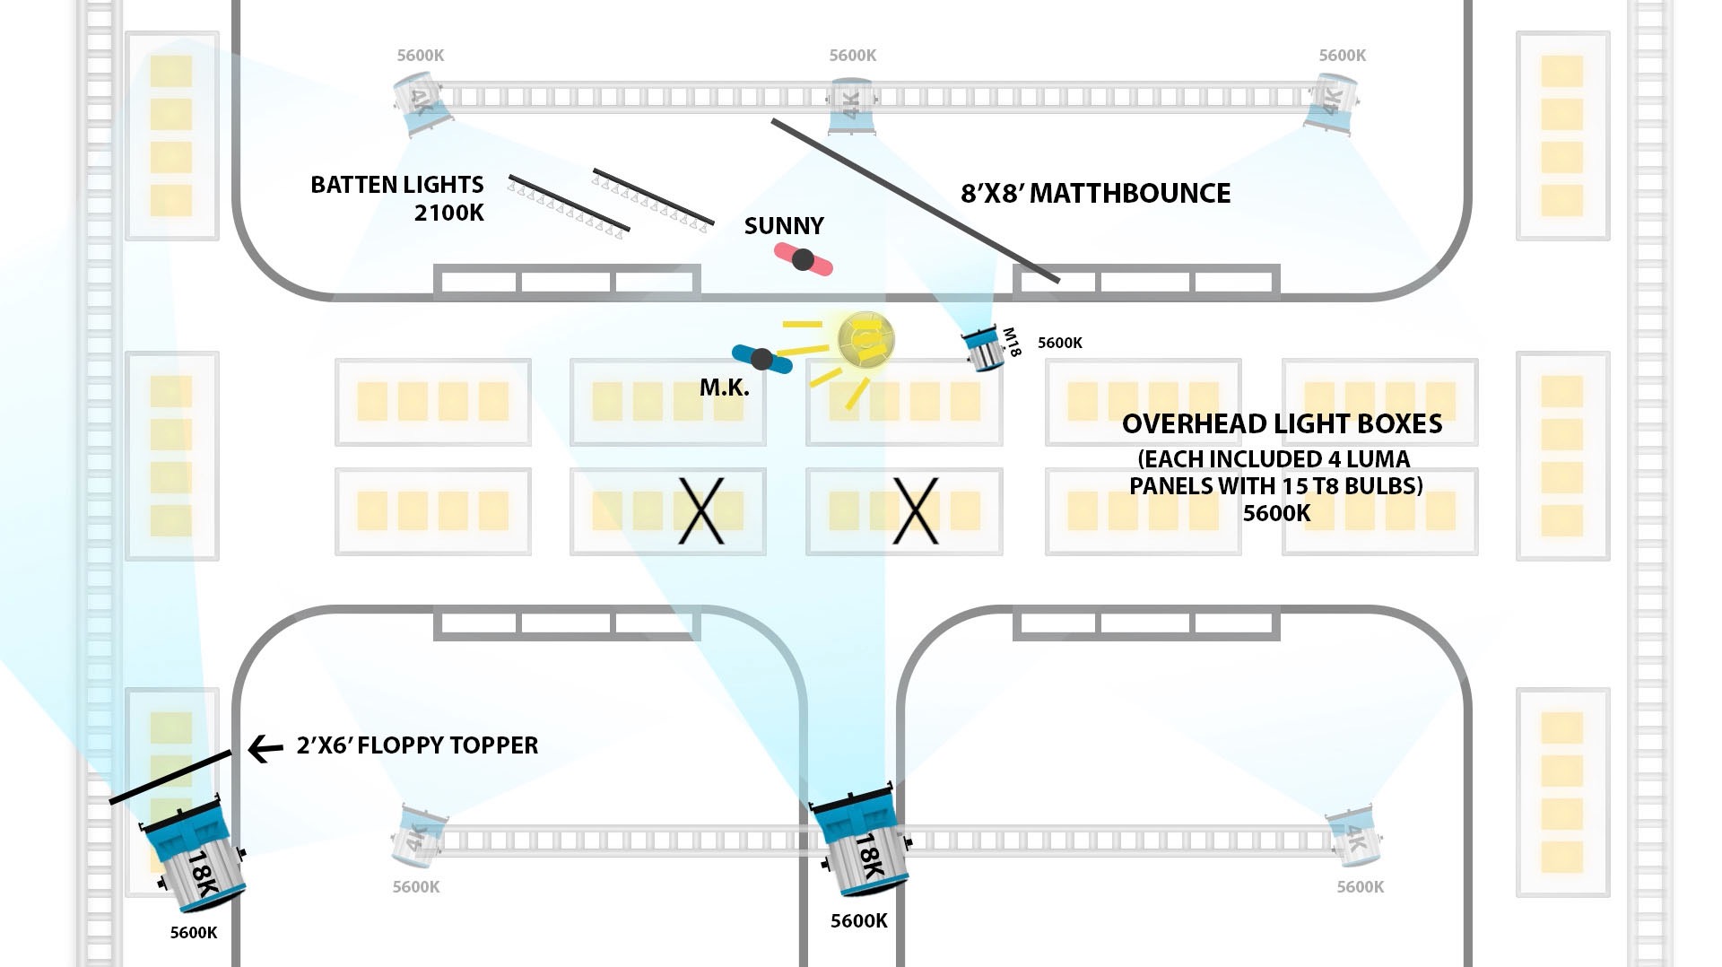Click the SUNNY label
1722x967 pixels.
click(x=783, y=226)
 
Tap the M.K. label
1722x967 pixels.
click(x=724, y=388)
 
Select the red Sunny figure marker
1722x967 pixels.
click(x=804, y=260)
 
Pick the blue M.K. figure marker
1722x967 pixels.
click(x=761, y=360)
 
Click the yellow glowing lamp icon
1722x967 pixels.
click(x=865, y=341)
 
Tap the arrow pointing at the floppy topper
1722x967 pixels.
click(x=265, y=748)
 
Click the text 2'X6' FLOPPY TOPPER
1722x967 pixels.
click(x=417, y=745)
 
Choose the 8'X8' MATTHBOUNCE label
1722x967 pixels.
click(x=1095, y=194)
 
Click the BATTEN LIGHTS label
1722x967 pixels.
click(x=396, y=185)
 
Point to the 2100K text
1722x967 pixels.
click(x=448, y=213)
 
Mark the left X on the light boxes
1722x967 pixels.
click(x=700, y=510)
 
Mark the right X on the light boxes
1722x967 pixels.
click(x=916, y=510)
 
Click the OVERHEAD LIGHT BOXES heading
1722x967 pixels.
click(x=1282, y=424)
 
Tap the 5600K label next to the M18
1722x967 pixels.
click(x=1059, y=343)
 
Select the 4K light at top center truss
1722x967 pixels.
click(x=850, y=106)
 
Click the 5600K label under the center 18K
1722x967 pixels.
click(x=858, y=921)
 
